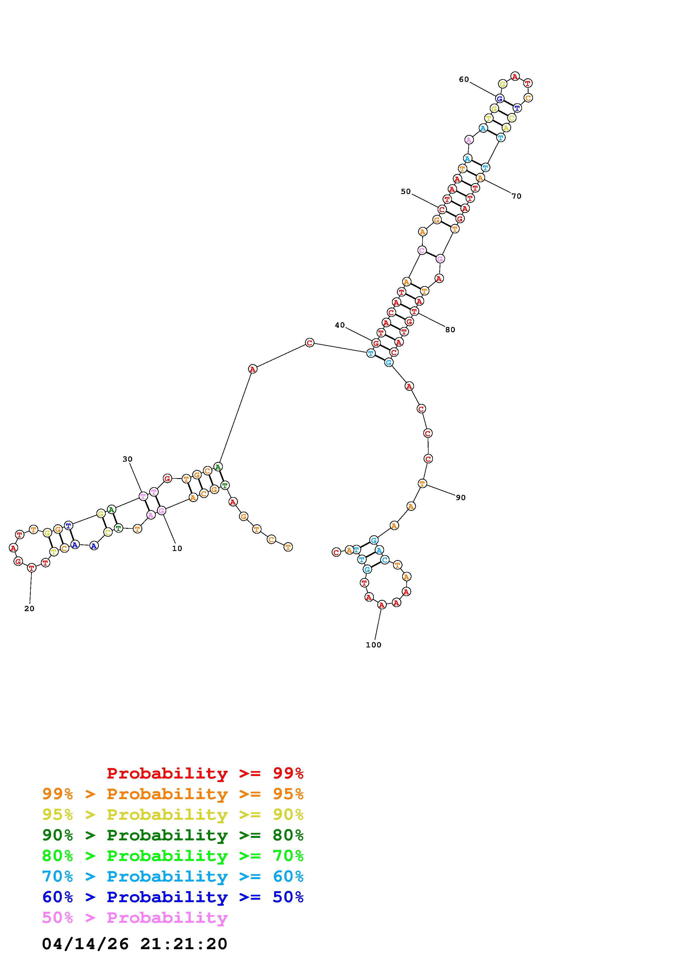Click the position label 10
(177, 548)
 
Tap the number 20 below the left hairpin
(29, 609)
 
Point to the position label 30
(127, 459)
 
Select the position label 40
(340, 325)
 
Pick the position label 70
(516, 196)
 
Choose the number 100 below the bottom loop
(373, 645)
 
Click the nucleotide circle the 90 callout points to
(422, 484)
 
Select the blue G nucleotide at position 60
(499, 99)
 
